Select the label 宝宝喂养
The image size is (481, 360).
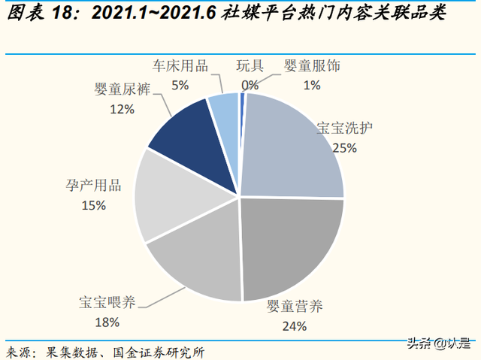(x=107, y=303)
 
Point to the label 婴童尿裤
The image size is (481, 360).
(x=123, y=90)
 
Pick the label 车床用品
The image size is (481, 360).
(x=180, y=65)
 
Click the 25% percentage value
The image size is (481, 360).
(x=344, y=148)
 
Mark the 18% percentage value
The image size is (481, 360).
(x=107, y=323)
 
